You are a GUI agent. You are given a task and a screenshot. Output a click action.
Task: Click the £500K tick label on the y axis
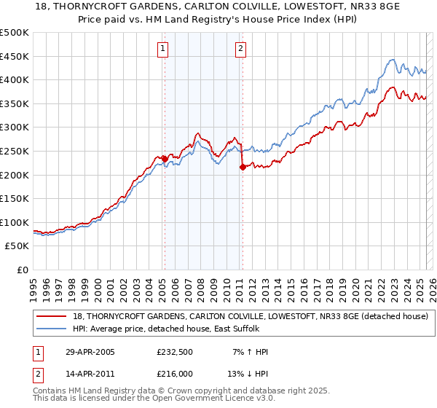[x=15, y=33]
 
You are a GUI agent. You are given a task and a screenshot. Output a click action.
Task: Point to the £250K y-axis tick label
[x=15, y=151]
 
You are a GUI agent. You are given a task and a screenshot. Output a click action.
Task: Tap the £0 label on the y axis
[x=23, y=270]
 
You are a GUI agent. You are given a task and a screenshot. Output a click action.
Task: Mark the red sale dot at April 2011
[x=242, y=167]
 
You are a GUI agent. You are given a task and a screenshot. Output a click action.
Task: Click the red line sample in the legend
[x=52, y=316]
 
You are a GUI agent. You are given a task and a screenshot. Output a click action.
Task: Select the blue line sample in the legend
[x=52, y=329]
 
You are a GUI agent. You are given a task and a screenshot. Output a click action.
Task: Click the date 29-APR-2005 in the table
[x=87, y=352]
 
